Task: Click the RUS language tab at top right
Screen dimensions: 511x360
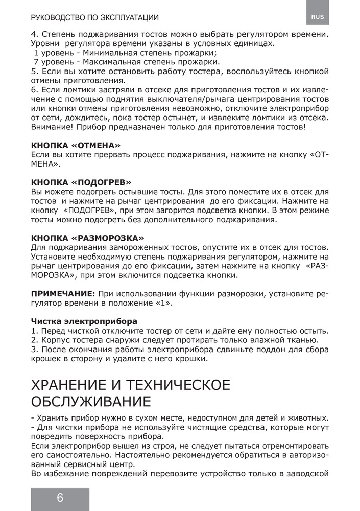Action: point(318,17)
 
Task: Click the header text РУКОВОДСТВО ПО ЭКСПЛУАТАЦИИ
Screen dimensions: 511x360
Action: point(94,18)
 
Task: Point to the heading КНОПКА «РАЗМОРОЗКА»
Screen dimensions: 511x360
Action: point(87,238)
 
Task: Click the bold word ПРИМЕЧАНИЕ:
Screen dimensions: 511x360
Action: point(63,294)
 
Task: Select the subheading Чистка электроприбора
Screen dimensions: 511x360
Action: point(84,321)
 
